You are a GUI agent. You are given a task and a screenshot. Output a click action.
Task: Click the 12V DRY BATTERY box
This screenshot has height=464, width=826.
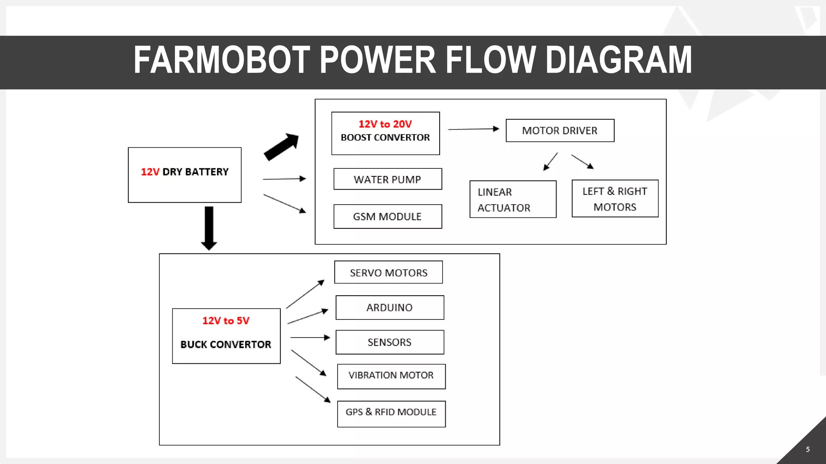point(185,175)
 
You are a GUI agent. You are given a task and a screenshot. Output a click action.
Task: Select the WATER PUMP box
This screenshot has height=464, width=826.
point(388,179)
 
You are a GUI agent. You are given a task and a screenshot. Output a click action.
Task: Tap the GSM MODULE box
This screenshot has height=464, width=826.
point(388,217)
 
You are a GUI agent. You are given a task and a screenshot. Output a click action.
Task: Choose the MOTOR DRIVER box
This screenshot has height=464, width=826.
point(560,130)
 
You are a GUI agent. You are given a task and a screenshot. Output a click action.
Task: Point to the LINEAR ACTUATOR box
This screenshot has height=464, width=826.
point(513,199)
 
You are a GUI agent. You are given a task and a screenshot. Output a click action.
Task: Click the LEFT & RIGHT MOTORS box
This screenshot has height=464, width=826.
point(615,199)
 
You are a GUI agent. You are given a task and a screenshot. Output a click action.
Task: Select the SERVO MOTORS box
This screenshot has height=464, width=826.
point(388,273)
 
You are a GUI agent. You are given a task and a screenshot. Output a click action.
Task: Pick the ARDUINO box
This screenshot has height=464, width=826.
point(390,308)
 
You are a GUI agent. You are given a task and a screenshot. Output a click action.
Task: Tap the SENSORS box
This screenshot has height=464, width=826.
point(390,342)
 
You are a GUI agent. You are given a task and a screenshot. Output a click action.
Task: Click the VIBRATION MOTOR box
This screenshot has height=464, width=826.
point(391,376)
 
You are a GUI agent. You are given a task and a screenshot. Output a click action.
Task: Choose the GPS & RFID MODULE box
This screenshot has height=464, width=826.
point(391,414)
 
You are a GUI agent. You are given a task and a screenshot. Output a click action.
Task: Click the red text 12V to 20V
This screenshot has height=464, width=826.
point(385,124)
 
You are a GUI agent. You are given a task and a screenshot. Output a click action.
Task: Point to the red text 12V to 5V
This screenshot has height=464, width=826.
point(226,321)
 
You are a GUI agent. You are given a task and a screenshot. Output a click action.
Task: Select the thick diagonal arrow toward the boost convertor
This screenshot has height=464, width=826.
point(282,147)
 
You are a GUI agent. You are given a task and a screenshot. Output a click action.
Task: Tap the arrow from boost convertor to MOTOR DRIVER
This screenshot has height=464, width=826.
point(473,129)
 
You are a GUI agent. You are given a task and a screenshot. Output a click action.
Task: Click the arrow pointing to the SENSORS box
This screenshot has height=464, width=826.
point(310,338)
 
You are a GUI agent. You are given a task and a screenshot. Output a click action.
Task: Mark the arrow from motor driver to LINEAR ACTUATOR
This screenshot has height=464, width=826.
point(550,162)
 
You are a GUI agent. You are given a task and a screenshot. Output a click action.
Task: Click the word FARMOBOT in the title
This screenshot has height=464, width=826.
point(221,60)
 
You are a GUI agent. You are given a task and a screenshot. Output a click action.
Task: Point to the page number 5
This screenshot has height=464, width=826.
point(807,449)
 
